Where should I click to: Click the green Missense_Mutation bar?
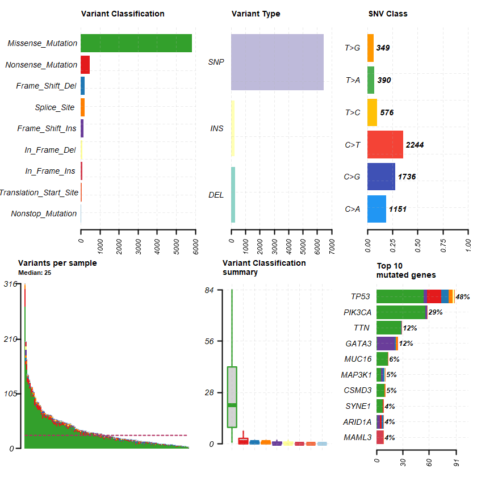pos(136,43)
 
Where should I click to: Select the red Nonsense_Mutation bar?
pos(85,65)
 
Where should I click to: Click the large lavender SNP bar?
pos(277,62)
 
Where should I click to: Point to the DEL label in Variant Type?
pos(216,195)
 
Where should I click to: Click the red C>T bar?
pos(385,145)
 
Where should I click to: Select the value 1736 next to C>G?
pos(407,177)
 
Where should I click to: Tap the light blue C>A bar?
pos(376,209)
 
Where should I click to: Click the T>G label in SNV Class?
pos(353,48)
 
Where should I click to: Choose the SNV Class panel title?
pos(388,14)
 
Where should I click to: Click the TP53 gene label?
pos(360,296)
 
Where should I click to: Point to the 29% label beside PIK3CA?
pos(436,312)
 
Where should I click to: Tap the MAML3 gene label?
pos(358,437)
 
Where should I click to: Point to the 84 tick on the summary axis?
pos(209,290)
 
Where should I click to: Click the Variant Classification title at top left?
pos(123,14)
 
